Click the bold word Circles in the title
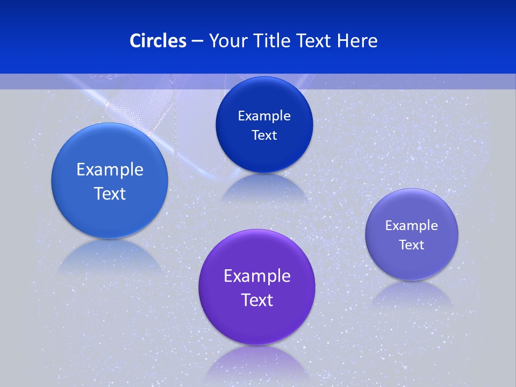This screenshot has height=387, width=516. pos(158,41)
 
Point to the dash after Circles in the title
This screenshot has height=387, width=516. pos(197,41)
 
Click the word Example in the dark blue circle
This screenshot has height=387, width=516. pos(264,116)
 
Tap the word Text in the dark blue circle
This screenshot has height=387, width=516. pos(264,135)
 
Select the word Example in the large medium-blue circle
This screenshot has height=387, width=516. pos(110,170)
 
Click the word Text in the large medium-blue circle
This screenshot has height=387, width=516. pos(110,193)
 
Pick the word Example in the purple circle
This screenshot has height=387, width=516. pos(257,276)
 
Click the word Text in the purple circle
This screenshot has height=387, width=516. pos(257,300)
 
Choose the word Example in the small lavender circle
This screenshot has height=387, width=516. pos(411,226)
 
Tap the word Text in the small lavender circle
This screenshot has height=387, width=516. pos(411,245)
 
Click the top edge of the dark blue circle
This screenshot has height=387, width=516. pos(264,77)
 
